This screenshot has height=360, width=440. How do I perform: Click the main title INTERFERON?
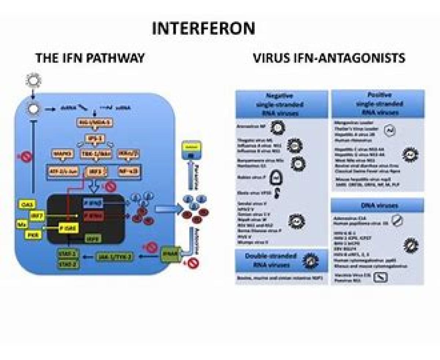click(x=203, y=28)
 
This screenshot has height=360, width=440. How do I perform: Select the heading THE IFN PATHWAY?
click(x=89, y=58)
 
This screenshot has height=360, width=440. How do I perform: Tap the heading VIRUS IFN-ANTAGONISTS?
click(x=329, y=58)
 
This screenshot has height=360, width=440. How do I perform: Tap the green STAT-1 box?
click(x=66, y=254)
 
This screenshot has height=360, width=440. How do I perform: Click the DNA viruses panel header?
click(x=377, y=206)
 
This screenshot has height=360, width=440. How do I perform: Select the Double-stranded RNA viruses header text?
click(x=271, y=260)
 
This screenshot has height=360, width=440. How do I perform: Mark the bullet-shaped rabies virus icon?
click(x=275, y=178)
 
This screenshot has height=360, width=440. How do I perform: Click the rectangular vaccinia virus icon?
click(x=380, y=278)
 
